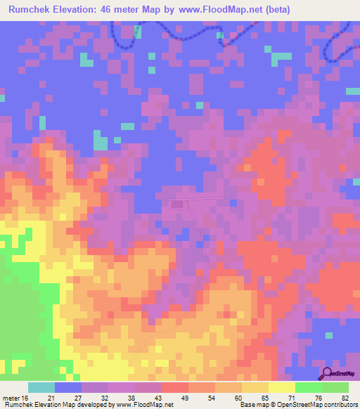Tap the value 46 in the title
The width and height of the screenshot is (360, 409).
click(109, 10)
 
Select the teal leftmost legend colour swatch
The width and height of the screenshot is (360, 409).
click(41, 387)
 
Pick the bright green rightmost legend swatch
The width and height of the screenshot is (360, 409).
click(335, 387)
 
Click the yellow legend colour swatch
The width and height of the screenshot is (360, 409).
click(282, 387)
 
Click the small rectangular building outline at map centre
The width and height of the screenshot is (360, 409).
click(176, 204)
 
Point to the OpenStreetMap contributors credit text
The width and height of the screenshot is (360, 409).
click(323, 405)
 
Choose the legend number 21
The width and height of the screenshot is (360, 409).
click(61, 398)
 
